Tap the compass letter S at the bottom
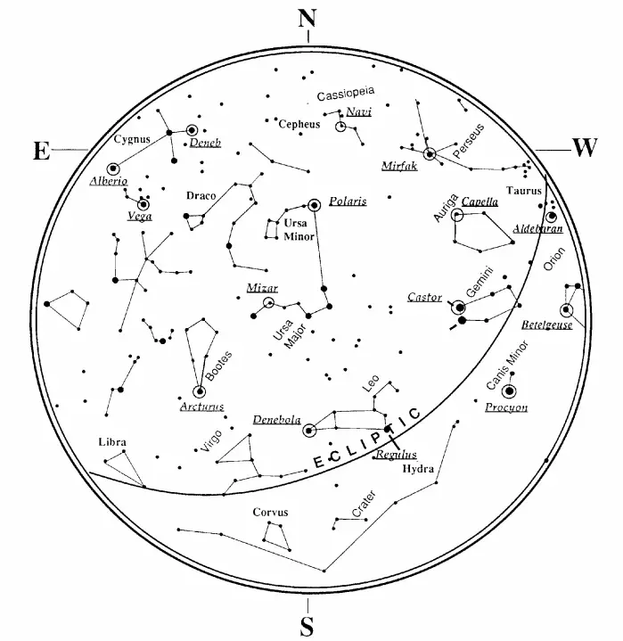point(307,626)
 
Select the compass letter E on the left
point(40,151)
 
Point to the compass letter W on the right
point(584,148)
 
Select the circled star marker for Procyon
point(509,390)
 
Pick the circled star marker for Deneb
point(192,131)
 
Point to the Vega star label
point(140,216)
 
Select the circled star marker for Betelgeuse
point(566,310)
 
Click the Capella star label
point(480,201)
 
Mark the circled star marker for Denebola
point(309,431)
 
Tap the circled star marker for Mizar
point(269,303)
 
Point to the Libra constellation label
point(113,442)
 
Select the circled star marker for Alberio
point(113,168)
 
